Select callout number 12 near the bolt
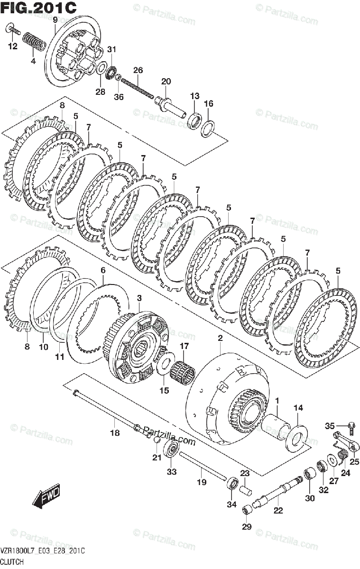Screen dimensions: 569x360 (x=12, y=46)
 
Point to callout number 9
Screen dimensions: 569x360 (x=55, y=19)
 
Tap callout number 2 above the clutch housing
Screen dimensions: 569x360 (x=220, y=338)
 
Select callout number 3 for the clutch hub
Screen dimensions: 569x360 (x=139, y=297)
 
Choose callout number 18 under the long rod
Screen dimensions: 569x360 (x=115, y=432)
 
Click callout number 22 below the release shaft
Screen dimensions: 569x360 (x=278, y=510)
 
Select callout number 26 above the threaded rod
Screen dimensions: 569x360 (x=138, y=70)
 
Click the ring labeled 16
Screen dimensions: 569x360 (x=208, y=128)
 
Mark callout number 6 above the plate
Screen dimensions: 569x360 (x=102, y=270)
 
